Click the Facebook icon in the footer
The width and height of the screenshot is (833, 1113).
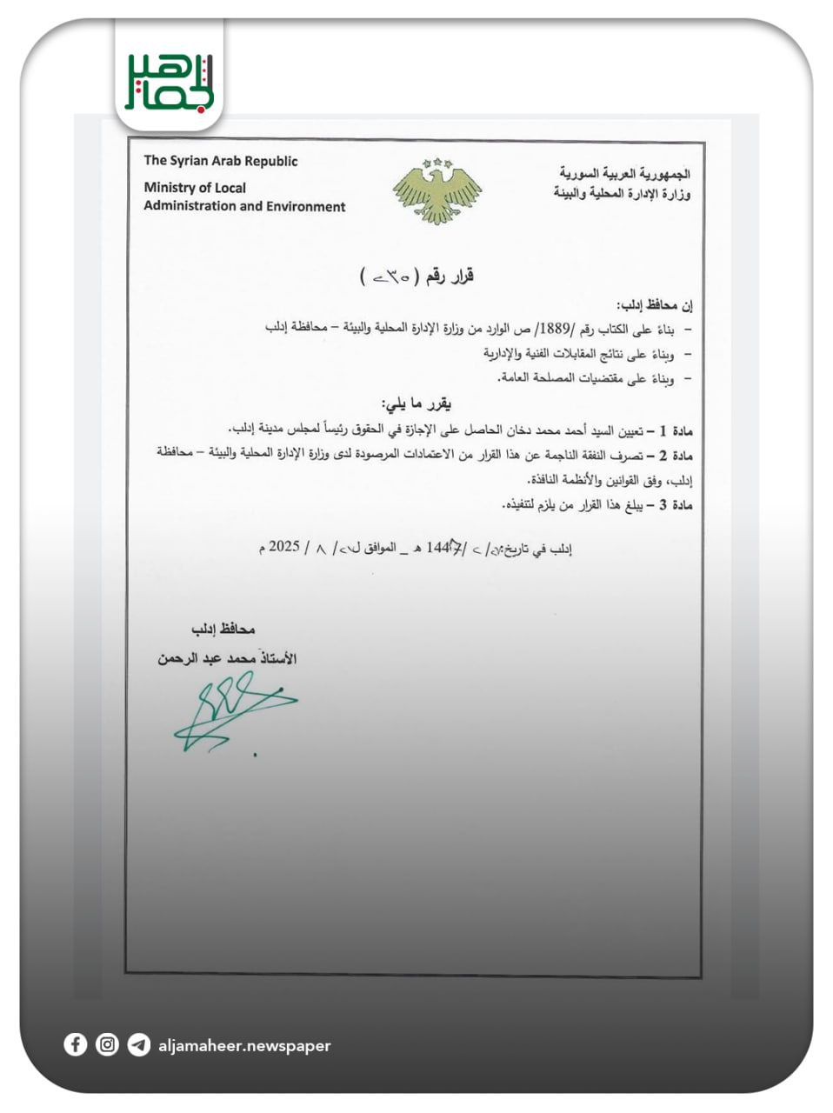(x=76, y=1044)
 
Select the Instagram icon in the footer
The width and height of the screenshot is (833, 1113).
(x=107, y=1044)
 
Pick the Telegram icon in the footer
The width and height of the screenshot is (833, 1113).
(x=138, y=1044)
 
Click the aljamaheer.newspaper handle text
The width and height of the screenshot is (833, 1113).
(x=244, y=1046)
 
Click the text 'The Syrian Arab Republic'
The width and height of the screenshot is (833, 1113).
(x=220, y=161)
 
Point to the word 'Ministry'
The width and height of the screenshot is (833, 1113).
(x=170, y=188)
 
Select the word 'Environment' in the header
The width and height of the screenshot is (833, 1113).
(x=303, y=207)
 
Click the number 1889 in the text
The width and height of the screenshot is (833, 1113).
(x=554, y=329)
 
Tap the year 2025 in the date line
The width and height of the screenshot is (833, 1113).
(x=283, y=547)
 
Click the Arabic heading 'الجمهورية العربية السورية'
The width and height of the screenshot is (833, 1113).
(x=625, y=174)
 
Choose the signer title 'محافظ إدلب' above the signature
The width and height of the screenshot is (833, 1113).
(x=223, y=629)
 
